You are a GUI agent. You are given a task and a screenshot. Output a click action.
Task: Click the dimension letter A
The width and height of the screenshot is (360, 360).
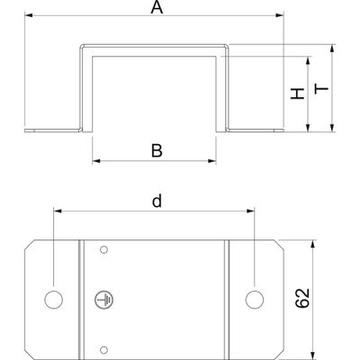point(157,7)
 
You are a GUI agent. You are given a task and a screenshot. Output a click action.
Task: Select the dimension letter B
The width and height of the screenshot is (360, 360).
point(157,151)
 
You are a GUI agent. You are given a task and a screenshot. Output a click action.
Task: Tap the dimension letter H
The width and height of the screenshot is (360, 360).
point(298,94)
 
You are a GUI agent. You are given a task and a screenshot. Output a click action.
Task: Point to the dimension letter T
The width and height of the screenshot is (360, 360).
point(321,89)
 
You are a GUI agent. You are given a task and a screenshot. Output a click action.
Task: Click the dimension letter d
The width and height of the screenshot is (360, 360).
point(157,201)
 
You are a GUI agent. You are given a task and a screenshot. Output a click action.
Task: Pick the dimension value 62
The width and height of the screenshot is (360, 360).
point(302,298)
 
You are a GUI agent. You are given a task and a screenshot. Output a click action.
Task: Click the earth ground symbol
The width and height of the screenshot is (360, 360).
point(104,300)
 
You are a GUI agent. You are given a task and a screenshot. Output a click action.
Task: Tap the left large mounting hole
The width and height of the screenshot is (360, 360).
point(54,300)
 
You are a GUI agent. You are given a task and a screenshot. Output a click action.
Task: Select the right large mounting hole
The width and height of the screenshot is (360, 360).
point(255,300)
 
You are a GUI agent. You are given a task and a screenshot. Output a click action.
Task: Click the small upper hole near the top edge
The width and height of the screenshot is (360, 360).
point(103,249)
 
